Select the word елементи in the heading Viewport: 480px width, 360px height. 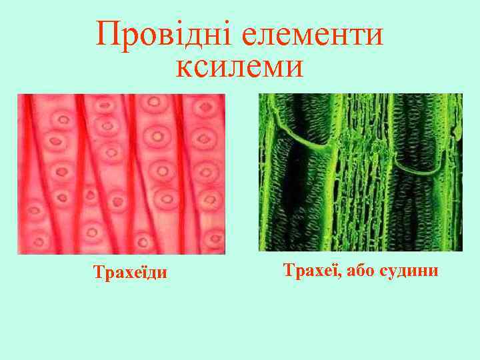(x=313, y=35)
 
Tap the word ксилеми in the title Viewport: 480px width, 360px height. (x=240, y=67)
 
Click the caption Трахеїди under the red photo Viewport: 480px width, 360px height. (x=131, y=273)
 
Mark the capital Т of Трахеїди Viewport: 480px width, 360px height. (x=97, y=273)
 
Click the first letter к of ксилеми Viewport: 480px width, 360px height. (x=183, y=68)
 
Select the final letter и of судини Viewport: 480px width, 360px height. (x=434, y=271)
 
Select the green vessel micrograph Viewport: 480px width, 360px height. (x=360, y=172)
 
